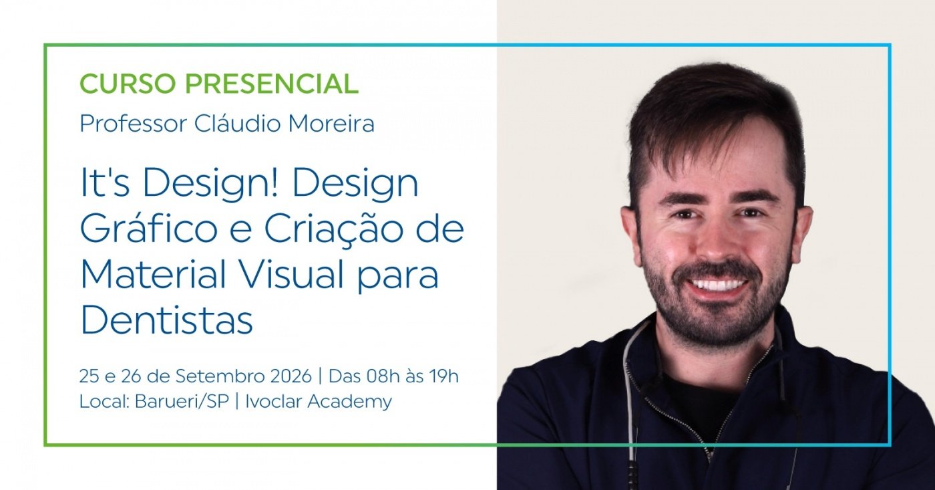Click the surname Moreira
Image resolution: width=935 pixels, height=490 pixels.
331,124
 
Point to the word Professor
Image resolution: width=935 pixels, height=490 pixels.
133,124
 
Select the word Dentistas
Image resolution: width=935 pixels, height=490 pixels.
166,319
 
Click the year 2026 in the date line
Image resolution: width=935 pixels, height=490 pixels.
291,376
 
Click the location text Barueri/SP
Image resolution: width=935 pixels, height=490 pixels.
182,402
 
